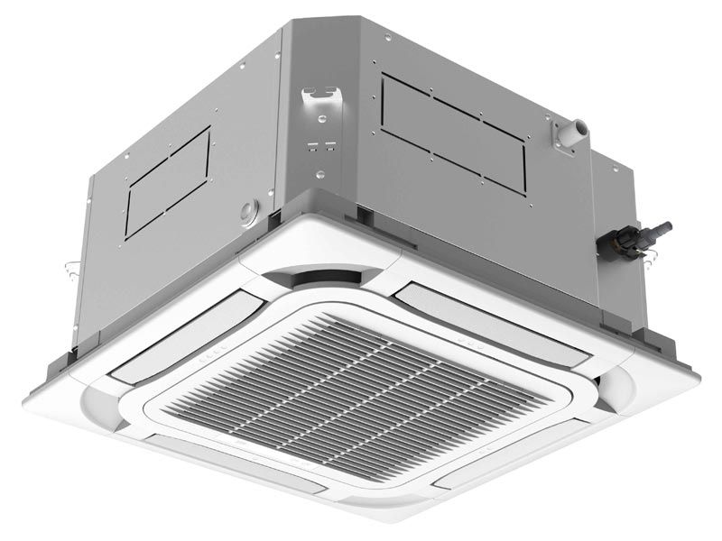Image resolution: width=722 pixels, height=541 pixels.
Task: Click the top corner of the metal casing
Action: (352, 20)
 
